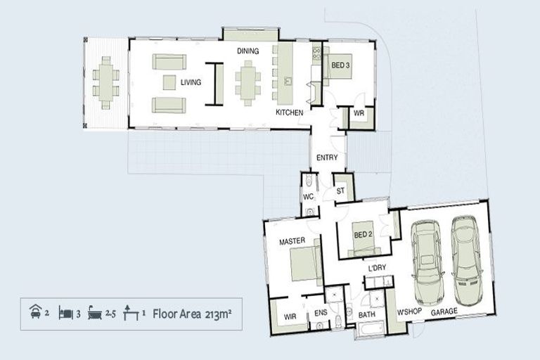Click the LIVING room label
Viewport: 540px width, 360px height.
click(191, 82)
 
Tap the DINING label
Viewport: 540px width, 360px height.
click(248, 51)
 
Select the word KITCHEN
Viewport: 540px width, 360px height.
click(289, 112)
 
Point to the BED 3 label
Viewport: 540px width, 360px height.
click(340, 65)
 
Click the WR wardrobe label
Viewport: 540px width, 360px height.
click(359, 113)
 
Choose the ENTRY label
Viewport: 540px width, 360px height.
click(327, 157)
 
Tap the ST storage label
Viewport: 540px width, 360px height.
click(340, 191)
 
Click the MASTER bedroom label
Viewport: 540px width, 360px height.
click(292, 241)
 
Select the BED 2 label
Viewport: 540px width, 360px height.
click(363, 235)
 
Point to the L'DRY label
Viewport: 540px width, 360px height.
click(377, 268)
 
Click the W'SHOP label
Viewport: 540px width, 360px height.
click(409, 311)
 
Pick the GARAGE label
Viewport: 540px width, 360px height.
click(444, 312)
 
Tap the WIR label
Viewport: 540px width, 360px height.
click(290, 316)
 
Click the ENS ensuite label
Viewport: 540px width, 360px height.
click(321, 313)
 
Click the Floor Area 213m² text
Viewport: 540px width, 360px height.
click(192, 314)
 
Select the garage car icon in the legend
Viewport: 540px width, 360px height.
click(35, 311)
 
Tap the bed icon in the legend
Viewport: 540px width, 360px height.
click(65, 313)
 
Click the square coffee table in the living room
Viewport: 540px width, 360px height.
click(169, 82)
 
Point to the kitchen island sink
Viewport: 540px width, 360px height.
click(288, 82)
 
